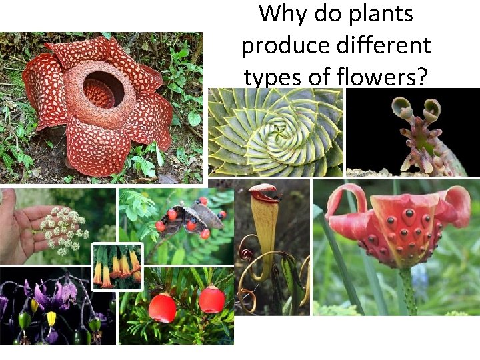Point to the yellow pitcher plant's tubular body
265,233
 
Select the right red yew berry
211,300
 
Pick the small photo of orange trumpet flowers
117,267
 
